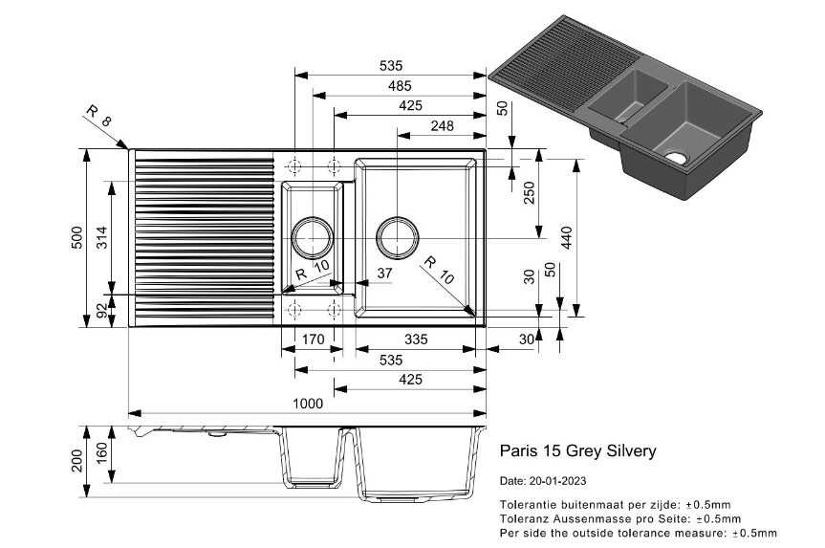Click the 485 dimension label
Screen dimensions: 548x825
pos(400,86)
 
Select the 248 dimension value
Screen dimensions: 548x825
pos(442,125)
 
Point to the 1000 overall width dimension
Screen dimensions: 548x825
pos(306,404)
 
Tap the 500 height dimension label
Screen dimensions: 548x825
pos(77,237)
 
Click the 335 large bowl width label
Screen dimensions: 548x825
pos(415,340)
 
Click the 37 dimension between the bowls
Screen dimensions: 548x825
pos(384,274)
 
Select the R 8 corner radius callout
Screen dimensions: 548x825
pos(98,118)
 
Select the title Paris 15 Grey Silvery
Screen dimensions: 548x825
pos(578,450)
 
